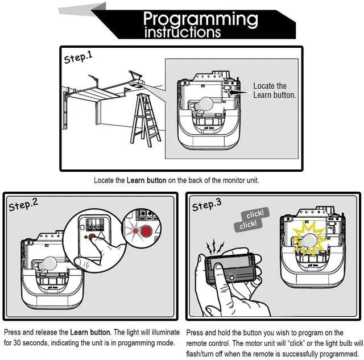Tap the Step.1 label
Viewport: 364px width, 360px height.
[78, 57]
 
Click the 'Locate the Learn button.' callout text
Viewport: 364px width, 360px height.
[274, 90]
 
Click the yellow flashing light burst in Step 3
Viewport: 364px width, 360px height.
[308, 239]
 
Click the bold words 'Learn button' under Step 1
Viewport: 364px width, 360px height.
[146, 180]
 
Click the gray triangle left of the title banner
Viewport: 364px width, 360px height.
[80, 8]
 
